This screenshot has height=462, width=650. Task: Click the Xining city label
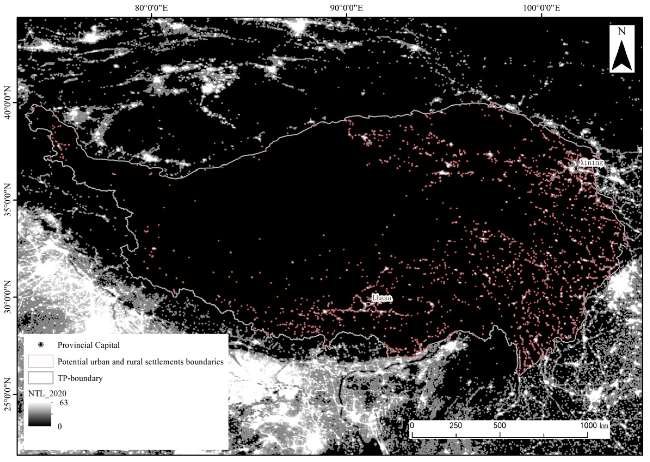point(592,163)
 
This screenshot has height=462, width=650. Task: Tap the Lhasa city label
point(382,298)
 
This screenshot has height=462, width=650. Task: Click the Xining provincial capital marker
point(576,169)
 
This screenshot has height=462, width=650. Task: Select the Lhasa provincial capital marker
point(369,304)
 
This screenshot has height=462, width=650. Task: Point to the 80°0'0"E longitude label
point(151,8)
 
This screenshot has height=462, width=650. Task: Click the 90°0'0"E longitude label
point(346,8)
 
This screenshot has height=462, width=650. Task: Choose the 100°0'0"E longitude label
point(541,8)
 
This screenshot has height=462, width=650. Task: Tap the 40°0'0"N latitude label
point(8,103)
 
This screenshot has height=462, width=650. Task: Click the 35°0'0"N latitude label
point(8,200)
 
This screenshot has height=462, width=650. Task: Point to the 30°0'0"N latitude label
point(8,297)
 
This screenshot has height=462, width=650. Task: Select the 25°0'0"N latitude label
point(8,394)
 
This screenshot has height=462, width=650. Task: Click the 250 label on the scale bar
point(456,426)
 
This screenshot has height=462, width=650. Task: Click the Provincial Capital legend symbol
point(41,345)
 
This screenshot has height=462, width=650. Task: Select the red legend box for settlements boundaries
point(41,361)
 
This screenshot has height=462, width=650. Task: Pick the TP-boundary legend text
point(80,378)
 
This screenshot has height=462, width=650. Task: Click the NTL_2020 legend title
point(47,394)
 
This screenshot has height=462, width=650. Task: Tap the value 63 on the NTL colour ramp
point(63,403)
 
